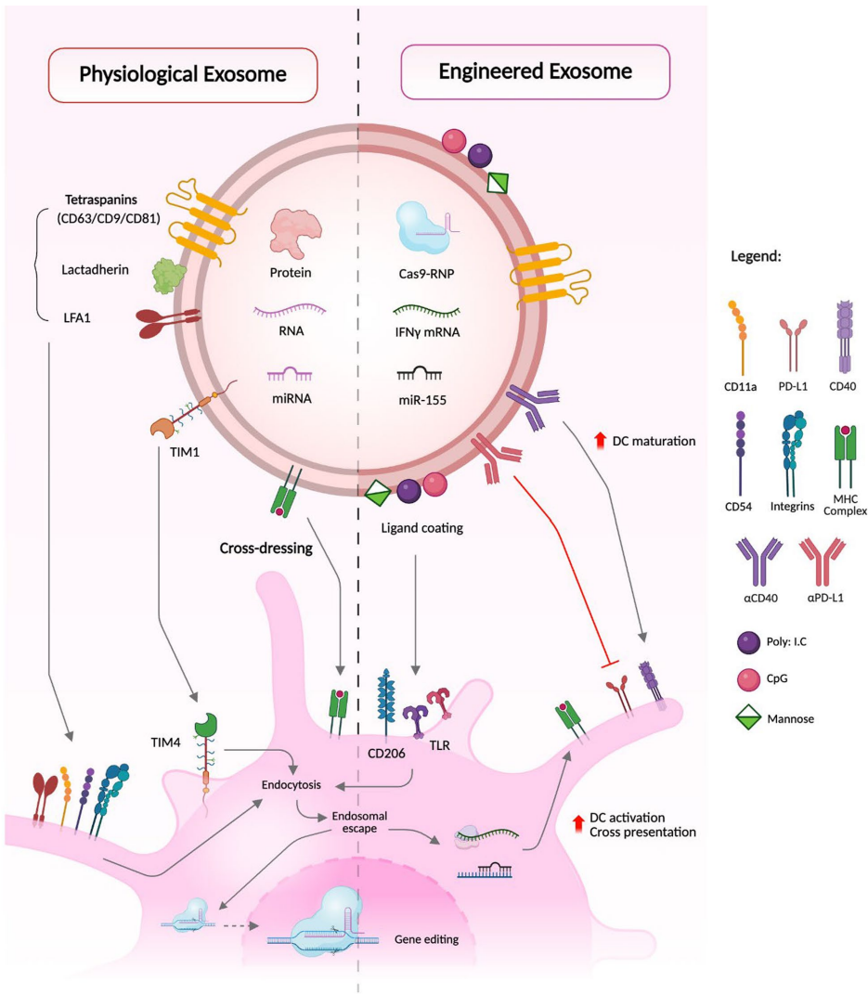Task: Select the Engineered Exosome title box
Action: click(x=534, y=72)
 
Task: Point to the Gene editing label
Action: click(x=427, y=939)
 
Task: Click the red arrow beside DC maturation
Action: click(x=600, y=440)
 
